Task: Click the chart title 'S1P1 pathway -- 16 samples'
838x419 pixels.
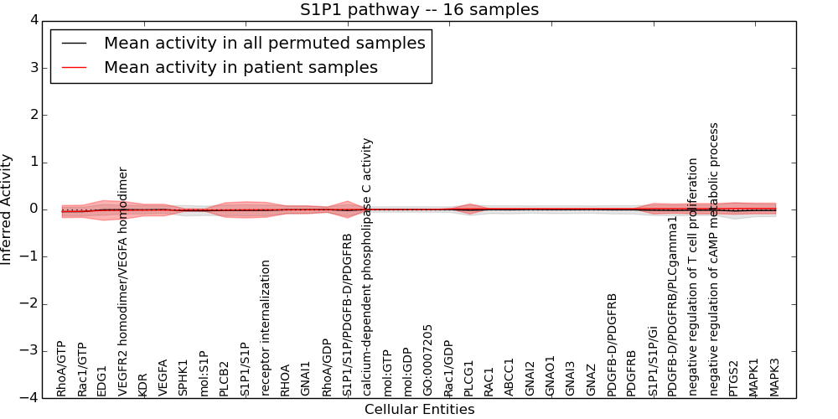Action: click(419, 10)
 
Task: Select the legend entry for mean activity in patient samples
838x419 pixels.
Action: click(241, 68)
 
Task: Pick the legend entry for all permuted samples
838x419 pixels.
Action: click(264, 44)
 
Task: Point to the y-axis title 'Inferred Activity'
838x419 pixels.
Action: click(8, 209)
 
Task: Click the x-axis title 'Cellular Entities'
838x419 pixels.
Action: click(419, 410)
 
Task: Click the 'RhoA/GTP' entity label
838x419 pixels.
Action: click(61, 369)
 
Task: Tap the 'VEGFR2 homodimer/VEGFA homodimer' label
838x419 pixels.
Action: click(123, 282)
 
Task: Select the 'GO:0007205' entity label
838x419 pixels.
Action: click(428, 360)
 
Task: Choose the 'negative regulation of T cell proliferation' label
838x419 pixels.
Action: click(693, 277)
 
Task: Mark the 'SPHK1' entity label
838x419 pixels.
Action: click(184, 378)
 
